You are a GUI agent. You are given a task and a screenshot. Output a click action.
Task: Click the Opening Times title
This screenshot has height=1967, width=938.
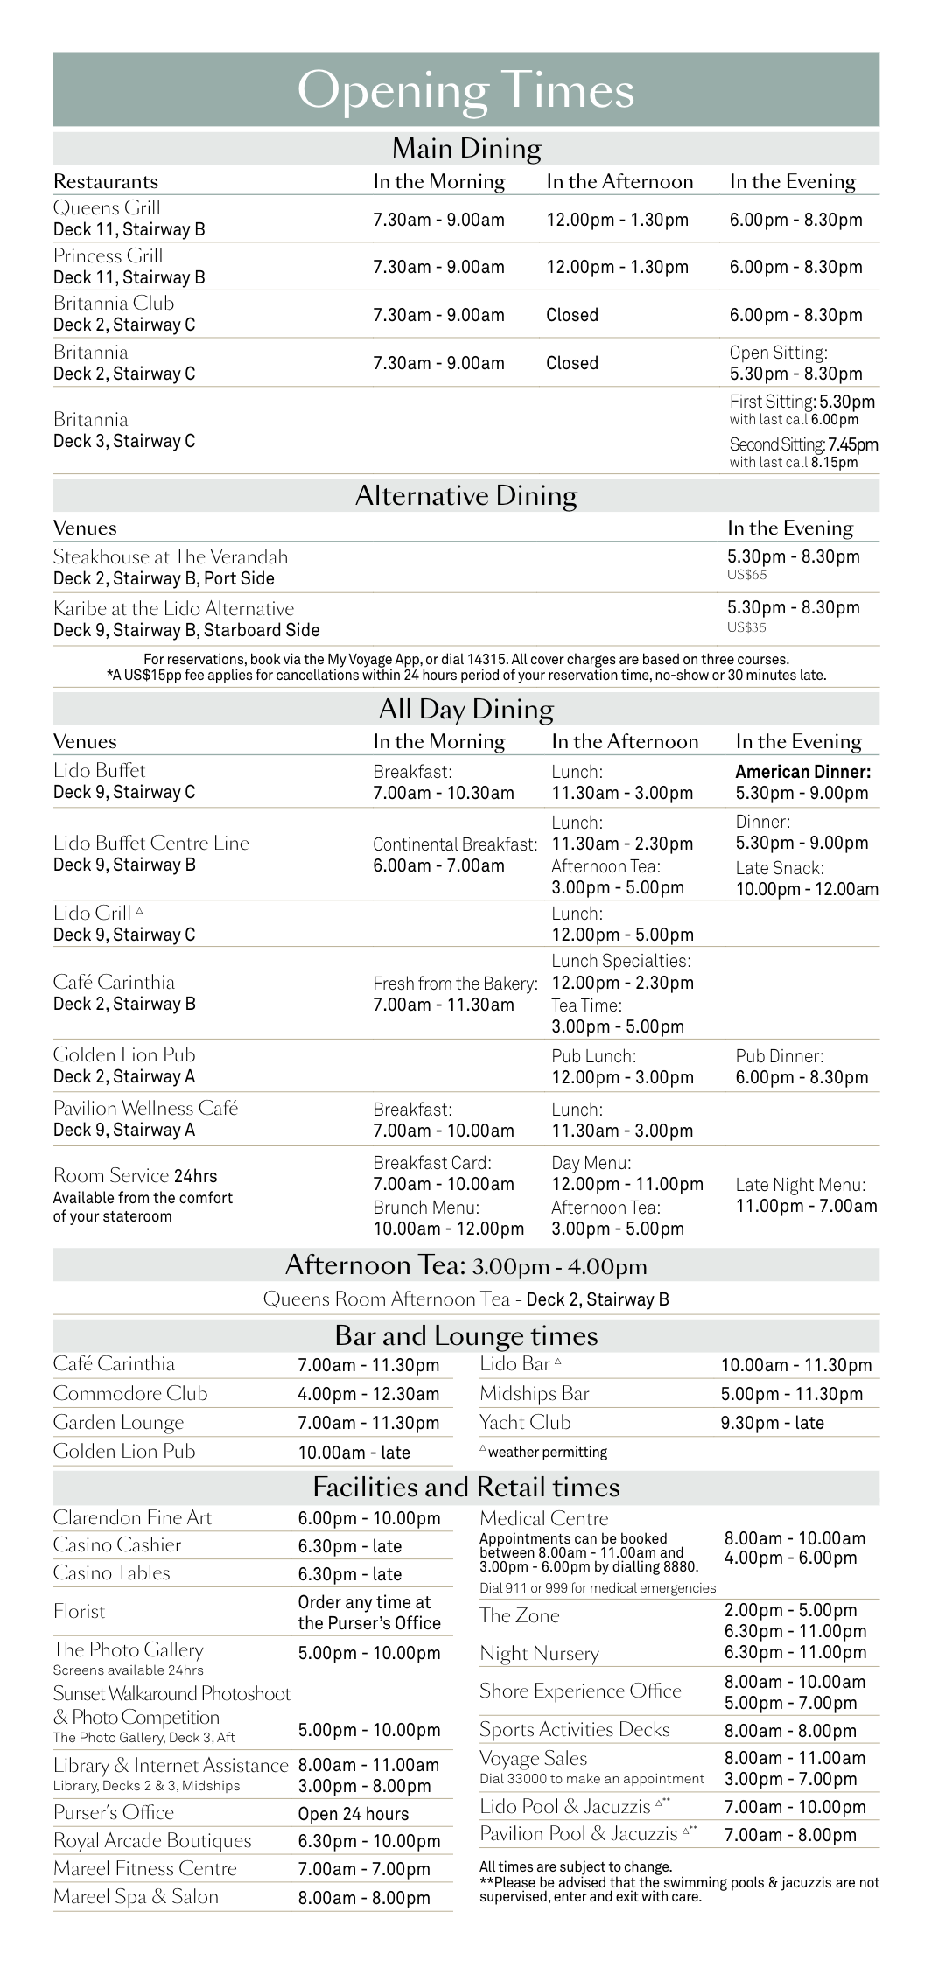tap(465, 90)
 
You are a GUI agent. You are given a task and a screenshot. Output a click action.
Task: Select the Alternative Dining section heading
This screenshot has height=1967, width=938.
tap(465, 496)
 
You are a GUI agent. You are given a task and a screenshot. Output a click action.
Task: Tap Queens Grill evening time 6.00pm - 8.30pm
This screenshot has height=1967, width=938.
tap(795, 220)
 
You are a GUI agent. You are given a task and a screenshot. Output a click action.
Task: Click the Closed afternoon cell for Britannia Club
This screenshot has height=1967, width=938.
tap(572, 315)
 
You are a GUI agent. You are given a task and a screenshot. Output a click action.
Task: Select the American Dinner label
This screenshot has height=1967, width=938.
tap(802, 772)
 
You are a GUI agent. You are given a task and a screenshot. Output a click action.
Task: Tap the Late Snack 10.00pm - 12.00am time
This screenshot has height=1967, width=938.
tap(807, 889)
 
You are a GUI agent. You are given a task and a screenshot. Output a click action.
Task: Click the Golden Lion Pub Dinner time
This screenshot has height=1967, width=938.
tap(801, 1077)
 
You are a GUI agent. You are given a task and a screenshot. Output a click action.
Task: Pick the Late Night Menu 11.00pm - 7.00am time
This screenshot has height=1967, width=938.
tap(806, 1206)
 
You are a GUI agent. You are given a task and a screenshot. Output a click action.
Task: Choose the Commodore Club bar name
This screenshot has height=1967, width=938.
tap(130, 1393)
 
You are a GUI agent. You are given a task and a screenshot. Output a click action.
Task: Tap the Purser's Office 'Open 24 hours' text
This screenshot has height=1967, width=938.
tap(353, 1814)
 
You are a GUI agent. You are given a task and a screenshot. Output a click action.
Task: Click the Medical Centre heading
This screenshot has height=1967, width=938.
tap(543, 1518)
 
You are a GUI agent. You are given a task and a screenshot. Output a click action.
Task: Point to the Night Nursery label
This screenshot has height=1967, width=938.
tap(539, 1653)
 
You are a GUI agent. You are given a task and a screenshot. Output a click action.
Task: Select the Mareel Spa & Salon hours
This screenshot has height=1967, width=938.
tap(364, 1898)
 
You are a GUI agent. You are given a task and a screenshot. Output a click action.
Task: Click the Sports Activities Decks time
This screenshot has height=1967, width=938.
tap(790, 1730)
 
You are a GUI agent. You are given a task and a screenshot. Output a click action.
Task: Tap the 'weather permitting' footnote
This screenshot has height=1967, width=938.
tap(547, 1452)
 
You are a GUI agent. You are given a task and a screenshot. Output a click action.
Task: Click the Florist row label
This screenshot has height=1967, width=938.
tap(79, 1611)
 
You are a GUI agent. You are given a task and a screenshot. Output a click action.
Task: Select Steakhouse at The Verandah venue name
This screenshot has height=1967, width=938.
tap(170, 556)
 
